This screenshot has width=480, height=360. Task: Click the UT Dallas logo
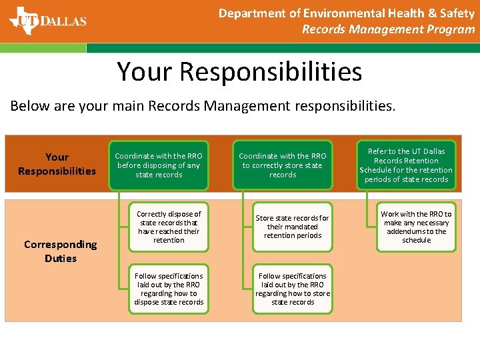pyautogui.click(x=47, y=20)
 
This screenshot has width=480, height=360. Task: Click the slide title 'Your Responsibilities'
pyautogui.click(x=239, y=71)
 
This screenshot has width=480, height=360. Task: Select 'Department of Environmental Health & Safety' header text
pyautogui.click(x=346, y=13)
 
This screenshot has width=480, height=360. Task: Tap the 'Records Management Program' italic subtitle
pyautogui.click(x=388, y=29)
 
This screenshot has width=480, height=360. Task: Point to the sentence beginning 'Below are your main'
pyautogui.click(x=203, y=105)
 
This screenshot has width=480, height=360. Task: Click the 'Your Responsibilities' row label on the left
pyautogui.click(x=57, y=164)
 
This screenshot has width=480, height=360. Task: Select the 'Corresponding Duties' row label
pyautogui.click(x=61, y=251)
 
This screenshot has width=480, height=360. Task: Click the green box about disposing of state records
pyautogui.click(x=159, y=165)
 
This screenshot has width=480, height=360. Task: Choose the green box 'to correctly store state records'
pyautogui.click(x=283, y=165)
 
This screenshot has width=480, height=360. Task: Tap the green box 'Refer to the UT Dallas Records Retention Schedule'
pyautogui.click(x=406, y=165)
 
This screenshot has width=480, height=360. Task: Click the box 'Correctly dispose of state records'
pyautogui.click(x=169, y=227)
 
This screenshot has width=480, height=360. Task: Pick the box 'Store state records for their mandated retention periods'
pyautogui.click(x=292, y=227)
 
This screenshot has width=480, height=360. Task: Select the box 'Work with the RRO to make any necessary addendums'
pyautogui.click(x=416, y=227)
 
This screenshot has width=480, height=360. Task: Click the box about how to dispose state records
pyautogui.click(x=169, y=289)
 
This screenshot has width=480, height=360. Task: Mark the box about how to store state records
pyautogui.click(x=292, y=289)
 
